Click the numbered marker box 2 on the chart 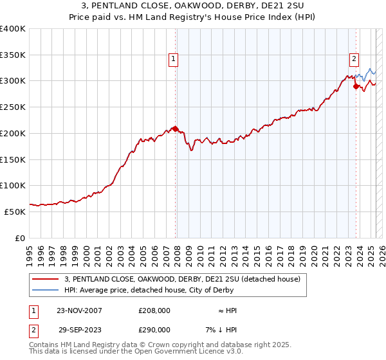coord(354,60)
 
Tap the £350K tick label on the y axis coord(13,55)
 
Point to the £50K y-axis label coord(15,212)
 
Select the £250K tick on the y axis coord(13,107)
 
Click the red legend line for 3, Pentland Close coord(45,279)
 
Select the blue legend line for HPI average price coord(45,291)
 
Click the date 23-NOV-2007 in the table coord(79,310)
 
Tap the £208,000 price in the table coord(154,310)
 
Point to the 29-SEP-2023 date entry coord(79,329)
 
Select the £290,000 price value coord(154,329)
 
